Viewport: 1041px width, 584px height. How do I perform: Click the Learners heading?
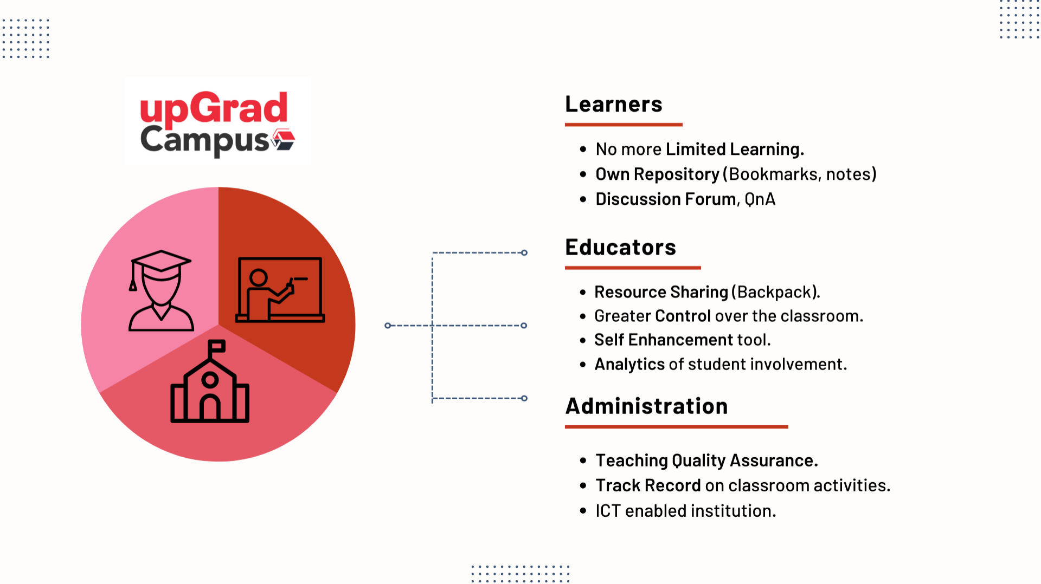[x=613, y=104]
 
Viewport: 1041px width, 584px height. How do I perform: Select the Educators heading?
[x=620, y=247]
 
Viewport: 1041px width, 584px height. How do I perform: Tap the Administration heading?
[x=646, y=406]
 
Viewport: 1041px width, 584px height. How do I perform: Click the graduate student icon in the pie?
[x=161, y=290]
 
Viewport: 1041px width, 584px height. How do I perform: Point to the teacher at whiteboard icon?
[x=280, y=290]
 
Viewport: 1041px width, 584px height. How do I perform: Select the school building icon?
[x=210, y=381]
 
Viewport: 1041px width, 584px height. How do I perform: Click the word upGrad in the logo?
[x=214, y=108]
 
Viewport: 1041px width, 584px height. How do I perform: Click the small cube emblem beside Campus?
[x=284, y=139]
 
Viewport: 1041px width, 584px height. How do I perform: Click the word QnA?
[x=760, y=199]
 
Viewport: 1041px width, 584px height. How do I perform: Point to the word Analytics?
[x=629, y=365]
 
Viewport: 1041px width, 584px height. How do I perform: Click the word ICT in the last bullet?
[x=608, y=511]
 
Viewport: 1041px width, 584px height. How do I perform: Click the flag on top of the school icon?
[x=217, y=346]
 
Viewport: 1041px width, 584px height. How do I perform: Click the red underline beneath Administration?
[x=677, y=427]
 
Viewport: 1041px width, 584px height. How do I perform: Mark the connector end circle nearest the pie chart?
[x=388, y=326]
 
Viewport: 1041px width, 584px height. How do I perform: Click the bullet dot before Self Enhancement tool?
[x=583, y=340]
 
